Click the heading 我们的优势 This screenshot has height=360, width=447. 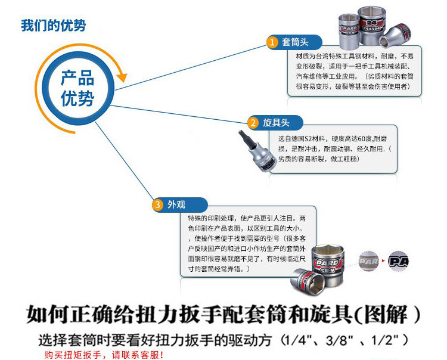point(54,26)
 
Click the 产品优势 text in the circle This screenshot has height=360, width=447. point(77,88)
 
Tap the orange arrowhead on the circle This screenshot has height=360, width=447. point(123,76)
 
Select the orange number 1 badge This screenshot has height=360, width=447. point(272,42)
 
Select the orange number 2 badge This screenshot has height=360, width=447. point(253,123)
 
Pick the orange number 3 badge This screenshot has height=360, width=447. point(157,205)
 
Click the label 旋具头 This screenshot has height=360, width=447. point(277,123)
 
